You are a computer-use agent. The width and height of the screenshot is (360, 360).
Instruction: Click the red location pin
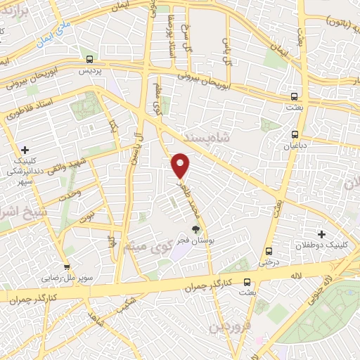(181, 165)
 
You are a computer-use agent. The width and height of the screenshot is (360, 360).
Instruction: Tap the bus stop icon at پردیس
(89, 60)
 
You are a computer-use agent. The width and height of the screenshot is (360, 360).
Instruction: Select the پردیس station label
(89, 72)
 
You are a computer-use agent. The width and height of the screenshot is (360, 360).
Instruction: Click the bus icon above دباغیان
(295, 134)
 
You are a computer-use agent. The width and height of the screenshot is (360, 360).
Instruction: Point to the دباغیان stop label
(295, 147)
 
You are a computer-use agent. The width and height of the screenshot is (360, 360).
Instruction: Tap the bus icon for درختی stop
(269, 252)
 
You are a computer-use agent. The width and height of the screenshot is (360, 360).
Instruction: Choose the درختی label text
(269, 264)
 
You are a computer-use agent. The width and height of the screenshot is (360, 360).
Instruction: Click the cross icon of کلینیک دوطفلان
(321, 233)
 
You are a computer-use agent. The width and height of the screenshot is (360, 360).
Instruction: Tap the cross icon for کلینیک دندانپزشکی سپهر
(25, 150)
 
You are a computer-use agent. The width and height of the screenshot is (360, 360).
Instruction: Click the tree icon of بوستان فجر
(196, 229)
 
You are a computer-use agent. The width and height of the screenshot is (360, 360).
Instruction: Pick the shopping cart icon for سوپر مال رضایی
(67, 267)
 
